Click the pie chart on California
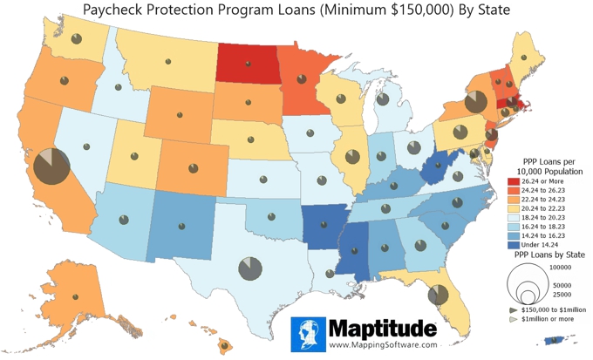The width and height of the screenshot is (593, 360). tap(51, 166)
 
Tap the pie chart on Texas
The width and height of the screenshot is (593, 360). tap(249, 267)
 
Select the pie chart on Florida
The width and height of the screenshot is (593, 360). tap(439, 296)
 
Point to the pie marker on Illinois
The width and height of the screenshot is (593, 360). tap(353, 157)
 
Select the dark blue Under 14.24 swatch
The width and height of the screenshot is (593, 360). tap(515, 246)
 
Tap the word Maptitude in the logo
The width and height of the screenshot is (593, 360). tap(382, 329)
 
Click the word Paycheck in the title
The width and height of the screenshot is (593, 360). tap(117, 10)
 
